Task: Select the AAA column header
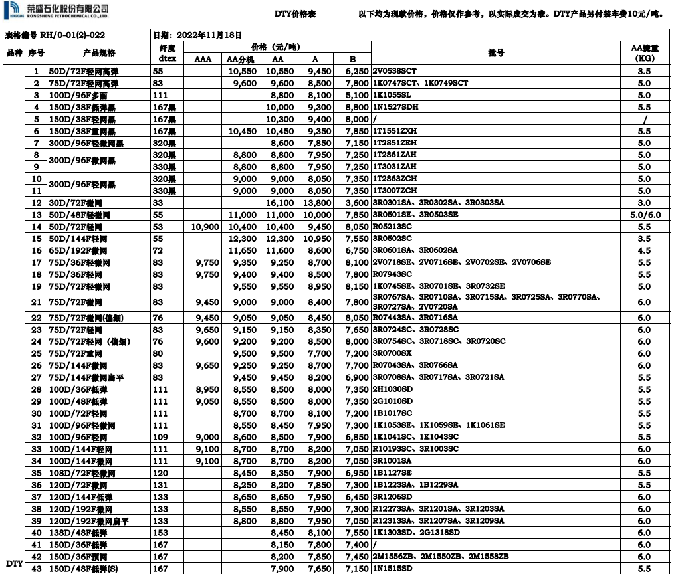click(x=203, y=59)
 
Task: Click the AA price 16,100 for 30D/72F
click(x=280, y=203)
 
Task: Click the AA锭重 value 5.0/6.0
click(x=643, y=215)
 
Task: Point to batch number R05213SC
click(x=393, y=227)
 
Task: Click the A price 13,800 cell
click(x=317, y=203)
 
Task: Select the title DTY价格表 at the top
click(x=294, y=13)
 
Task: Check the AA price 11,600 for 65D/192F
click(x=280, y=250)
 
